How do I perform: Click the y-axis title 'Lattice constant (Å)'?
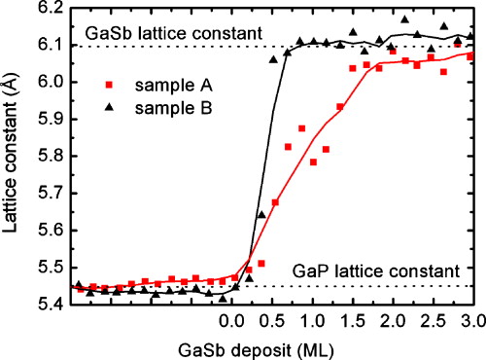[x=14, y=156]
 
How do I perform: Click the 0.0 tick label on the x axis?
[x=230, y=321]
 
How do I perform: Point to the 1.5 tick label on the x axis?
[x=351, y=321]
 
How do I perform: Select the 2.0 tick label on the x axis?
[x=391, y=321]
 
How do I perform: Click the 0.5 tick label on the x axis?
[x=271, y=321]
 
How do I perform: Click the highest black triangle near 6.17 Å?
[x=405, y=19]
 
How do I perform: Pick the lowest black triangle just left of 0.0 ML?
[x=223, y=299]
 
